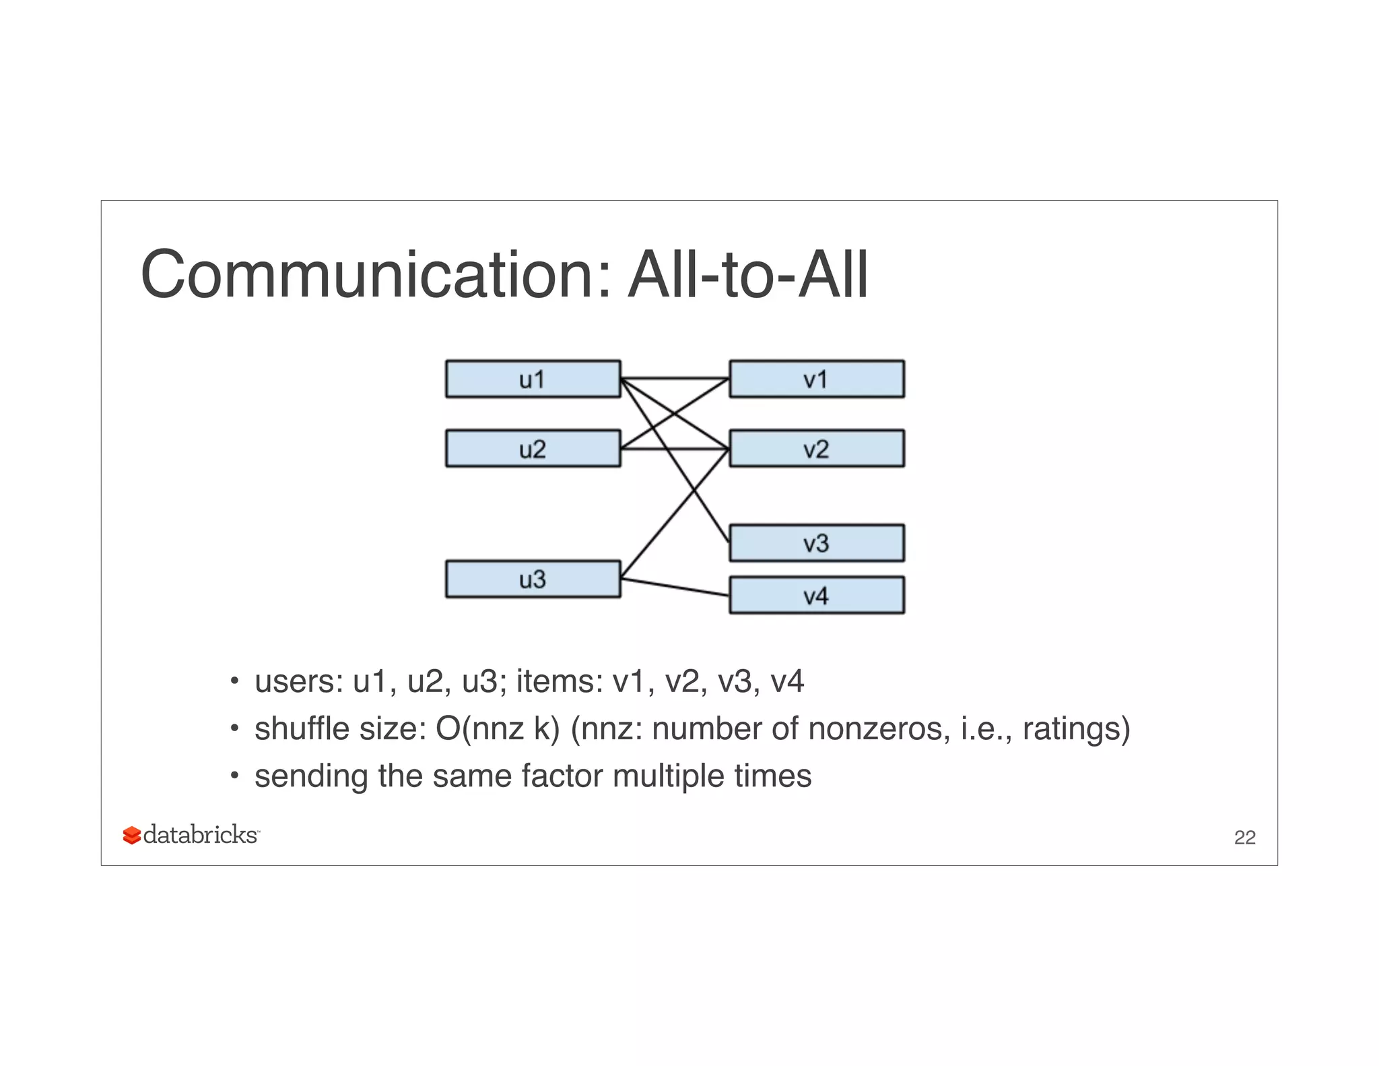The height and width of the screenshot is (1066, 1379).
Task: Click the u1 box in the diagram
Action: click(533, 379)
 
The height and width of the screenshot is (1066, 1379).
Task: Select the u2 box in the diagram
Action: click(533, 449)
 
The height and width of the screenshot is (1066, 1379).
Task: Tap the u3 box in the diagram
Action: click(533, 579)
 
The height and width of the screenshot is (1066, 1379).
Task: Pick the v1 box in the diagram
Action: click(817, 379)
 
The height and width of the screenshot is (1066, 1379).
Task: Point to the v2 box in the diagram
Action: click(817, 449)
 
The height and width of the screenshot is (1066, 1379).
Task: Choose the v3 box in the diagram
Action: click(817, 543)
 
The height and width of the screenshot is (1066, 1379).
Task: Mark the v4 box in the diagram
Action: click(817, 595)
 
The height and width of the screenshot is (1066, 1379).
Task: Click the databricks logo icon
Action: click(132, 836)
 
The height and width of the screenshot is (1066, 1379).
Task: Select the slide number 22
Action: click(1244, 838)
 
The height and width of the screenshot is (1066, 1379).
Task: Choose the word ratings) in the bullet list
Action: click(1076, 728)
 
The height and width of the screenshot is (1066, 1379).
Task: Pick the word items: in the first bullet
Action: click(560, 681)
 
